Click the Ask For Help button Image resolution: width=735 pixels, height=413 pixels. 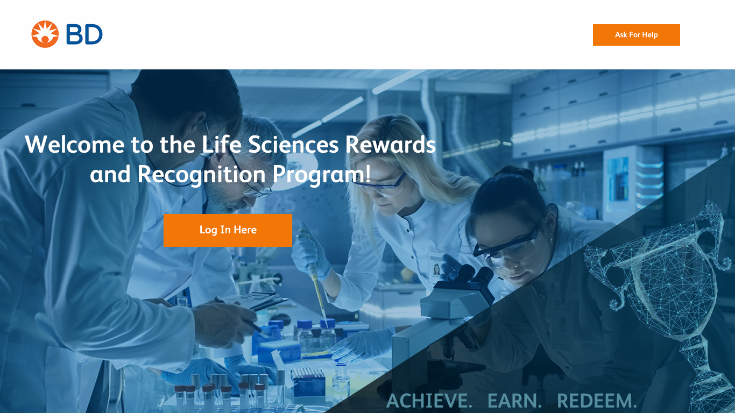coord(636,35)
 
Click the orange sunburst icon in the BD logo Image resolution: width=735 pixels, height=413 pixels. coord(45,34)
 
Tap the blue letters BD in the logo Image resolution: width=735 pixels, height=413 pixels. coord(84,34)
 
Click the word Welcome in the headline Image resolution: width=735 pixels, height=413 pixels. coord(75,144)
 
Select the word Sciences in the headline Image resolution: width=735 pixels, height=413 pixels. coord(293,144)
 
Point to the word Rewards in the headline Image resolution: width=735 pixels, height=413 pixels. coord(391,144)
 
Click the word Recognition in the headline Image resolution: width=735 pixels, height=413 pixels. coord(201,175)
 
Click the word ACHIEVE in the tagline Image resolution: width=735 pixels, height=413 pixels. coord(429,401)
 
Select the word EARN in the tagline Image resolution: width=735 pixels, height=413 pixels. coord(514,401)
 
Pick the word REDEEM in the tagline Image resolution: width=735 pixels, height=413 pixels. coord(597,401)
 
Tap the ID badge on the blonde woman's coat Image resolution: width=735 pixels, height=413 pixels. coord(436,266)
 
